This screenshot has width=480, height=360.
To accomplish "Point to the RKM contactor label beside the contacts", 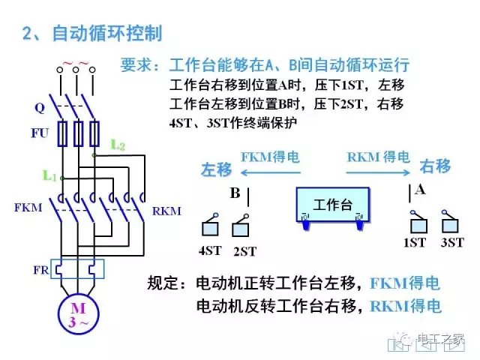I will click(166, 211).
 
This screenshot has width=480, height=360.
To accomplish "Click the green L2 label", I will click(117, 143).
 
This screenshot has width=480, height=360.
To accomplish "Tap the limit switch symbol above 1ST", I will click(416, 223).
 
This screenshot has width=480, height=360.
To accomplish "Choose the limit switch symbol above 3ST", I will click(451, 223).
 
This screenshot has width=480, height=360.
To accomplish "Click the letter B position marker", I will click(235, 194).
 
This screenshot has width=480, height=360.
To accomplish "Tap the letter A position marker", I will click(420, 190).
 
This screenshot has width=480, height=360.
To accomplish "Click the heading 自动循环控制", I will click(106, 34).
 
